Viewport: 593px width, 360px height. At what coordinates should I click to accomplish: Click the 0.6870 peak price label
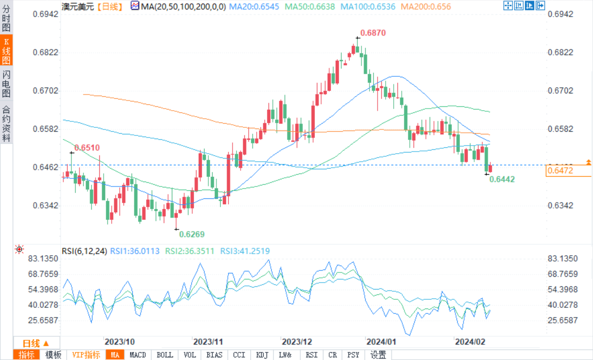[373, 33]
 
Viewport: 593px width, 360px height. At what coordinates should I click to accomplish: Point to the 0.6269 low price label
[192, 234]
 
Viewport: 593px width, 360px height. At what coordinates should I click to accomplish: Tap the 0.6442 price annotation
[502, 179]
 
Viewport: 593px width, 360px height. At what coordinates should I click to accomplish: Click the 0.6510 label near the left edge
[87, 147]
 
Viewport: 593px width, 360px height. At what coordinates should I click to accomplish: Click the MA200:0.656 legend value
[426, 7]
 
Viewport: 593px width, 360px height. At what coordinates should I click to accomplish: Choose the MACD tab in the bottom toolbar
[138, 355]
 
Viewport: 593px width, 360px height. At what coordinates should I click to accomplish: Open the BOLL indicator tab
[164, 355]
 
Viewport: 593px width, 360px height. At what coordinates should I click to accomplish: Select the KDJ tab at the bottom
[262, 355]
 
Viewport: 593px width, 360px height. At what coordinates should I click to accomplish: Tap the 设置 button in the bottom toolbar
[378, 355]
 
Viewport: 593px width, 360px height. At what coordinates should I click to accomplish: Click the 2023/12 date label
[297, 342]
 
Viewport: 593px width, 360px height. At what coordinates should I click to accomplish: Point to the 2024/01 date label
[381, 342]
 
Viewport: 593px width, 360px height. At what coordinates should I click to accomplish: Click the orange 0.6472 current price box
[568, 171]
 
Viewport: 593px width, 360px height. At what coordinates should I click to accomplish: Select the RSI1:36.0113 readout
[135, 251]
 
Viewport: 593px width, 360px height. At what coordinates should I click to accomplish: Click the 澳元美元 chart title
[77, 7]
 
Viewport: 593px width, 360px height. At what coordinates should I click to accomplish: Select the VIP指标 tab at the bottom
[86, 355]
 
